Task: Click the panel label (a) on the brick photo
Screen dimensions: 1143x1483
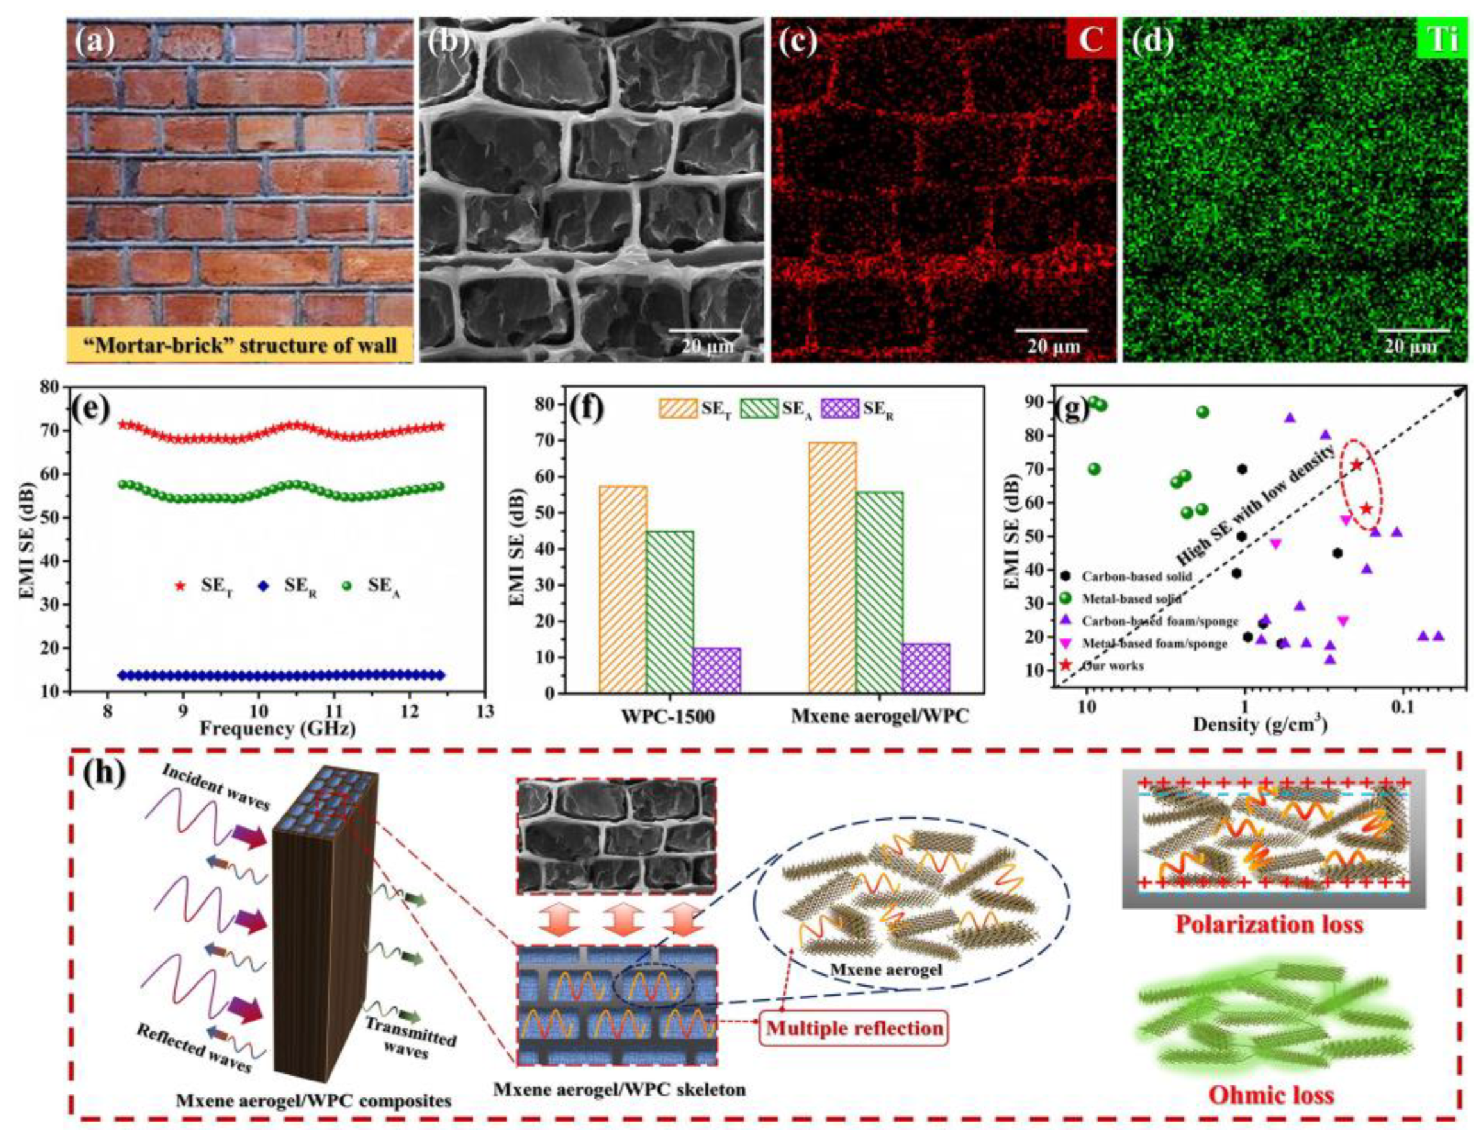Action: (x=96, y=43)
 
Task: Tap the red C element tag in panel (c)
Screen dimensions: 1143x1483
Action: (x=1090, y=40)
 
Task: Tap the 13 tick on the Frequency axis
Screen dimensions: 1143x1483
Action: (x=485, y=711)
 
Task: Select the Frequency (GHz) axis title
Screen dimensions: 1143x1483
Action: (x=278, y=729)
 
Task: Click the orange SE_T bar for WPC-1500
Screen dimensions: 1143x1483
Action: (x=623, y=589)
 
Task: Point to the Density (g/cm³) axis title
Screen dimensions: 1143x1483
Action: (x=1260, y=725)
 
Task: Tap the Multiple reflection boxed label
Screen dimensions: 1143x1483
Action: (x=855, y=1028)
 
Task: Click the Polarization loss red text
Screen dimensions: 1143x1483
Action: (x=1269, y=926)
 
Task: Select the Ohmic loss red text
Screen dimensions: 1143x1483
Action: (x=1271, y=1095)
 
